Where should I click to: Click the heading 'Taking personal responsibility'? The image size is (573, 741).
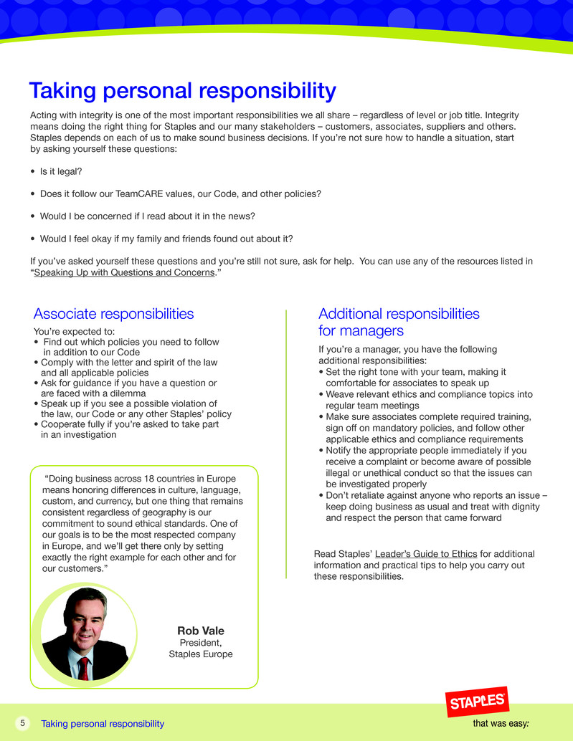pyautogui.click(x=182, y=91)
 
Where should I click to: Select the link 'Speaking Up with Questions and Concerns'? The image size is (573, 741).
pyautogui.click(x=125, y=272)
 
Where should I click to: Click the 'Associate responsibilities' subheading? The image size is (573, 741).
pyautogui.click(x=113, y=314)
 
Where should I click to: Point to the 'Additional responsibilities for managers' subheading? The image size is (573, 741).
pyautogui.click(x=399, y=322)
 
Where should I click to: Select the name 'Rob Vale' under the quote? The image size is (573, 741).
pyautogui.click(x=201, y=631)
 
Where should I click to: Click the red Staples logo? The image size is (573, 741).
pyautogui.click(x=476, y=703)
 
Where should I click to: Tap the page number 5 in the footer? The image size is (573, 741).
pyautogui.click(x=22, y=723)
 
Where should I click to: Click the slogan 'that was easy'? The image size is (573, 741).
pyautogui.click(x=501, y=724)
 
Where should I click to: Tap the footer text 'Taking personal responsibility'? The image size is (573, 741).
pyautogui.click(x=103, y=724)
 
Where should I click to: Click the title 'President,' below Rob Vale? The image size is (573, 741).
pyautogui.click(x=201, y=643)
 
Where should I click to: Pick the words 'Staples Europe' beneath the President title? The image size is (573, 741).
pyautogui.click(x=201, y=654)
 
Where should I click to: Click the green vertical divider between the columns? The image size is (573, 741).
pyautogui.click(x=286, y=444)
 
